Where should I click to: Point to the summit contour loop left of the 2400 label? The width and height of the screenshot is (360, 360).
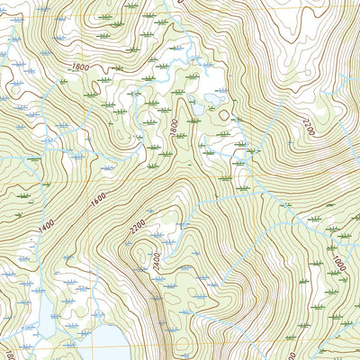coord(137,262)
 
